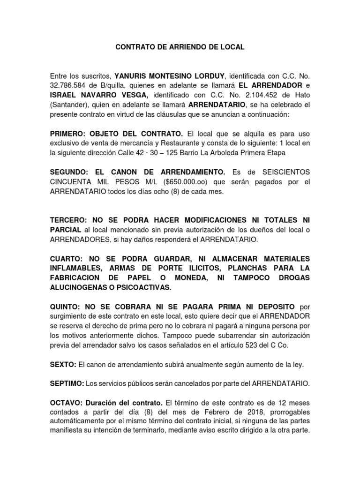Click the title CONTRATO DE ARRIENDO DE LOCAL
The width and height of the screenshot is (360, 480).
tap(180, 47)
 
